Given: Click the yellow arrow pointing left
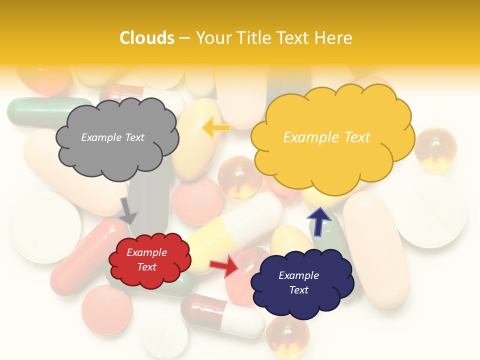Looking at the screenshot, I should (215, 128).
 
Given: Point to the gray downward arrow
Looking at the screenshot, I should (128, 210).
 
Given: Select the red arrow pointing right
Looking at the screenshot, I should (223, 266).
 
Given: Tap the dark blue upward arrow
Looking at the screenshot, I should (319, 221).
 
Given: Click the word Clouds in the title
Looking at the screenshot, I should (147, 38).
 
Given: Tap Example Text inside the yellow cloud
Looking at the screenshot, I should (326, 137).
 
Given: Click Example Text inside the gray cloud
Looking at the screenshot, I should (112, 137).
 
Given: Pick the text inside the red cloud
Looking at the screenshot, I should (146, 260).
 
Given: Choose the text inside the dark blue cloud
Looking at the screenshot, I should (298, 282).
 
